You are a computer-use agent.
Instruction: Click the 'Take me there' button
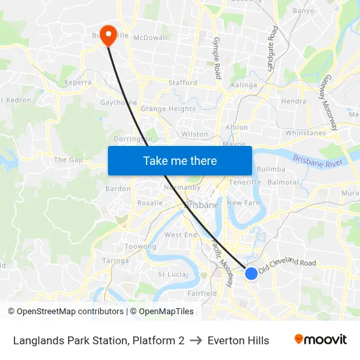180,160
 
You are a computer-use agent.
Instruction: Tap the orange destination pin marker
108,35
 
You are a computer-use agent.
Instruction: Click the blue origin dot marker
251,273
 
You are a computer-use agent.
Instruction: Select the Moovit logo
321,340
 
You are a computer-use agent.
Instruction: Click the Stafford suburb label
183,83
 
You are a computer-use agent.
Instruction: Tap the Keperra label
78,82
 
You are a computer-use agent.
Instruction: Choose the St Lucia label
172,274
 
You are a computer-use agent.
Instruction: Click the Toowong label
140,247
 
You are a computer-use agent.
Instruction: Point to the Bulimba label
271,169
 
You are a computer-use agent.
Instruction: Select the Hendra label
293,101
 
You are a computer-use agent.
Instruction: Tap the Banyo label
303,10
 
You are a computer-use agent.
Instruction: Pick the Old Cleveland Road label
287,265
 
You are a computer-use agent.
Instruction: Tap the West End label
181,235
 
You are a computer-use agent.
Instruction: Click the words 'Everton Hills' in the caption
238,340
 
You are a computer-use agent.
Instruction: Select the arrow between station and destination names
196,340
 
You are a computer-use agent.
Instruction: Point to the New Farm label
243,203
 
